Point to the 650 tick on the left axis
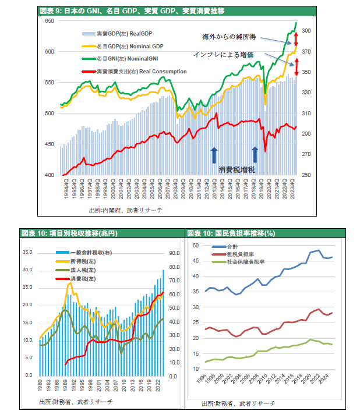point(50,21)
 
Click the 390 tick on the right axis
point(306,31)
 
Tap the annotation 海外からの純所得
point(229,37)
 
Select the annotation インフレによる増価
point(223,54)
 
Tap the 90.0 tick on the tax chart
point(173,253)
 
